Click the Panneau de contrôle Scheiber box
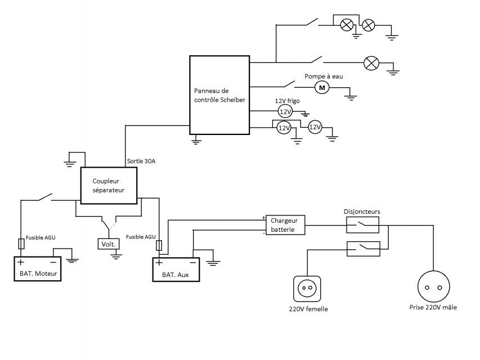click(219, 94)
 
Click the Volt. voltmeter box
click(107, 244)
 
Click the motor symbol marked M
click(322, 88)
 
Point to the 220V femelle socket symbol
click(307, 289)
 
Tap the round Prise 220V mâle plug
click(434, 287)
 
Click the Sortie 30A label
click(141, 162)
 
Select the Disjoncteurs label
click(362, 211)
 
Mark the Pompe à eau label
click(324, 76)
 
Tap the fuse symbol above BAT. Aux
click(159, 246)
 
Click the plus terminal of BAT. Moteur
click(21, 262)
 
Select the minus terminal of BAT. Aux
click(193, 262)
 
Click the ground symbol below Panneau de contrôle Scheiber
click(196, 140)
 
